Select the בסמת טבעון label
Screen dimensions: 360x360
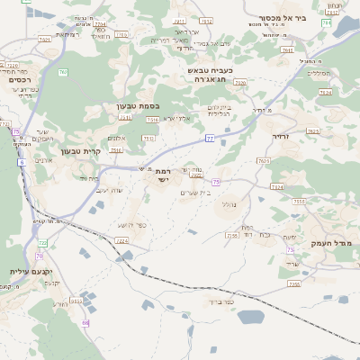tap(138, 105)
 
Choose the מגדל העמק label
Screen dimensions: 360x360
tap(332, 244)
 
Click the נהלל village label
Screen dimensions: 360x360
tap(228, 204)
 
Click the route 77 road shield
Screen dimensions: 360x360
tap(210, 138)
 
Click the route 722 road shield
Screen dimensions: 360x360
tap(42, 243)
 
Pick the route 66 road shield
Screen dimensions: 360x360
tap(85, 321)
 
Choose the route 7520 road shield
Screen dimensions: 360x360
tap(240, 82)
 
